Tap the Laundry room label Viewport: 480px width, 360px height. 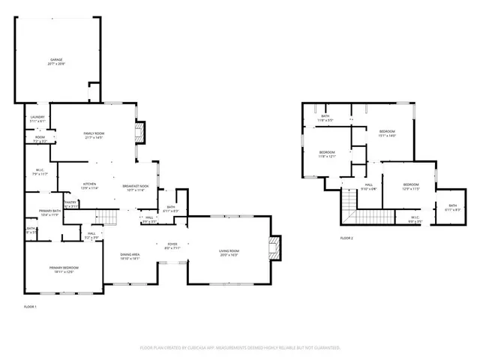point(37,118)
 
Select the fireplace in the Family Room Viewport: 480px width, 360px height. point(139,134)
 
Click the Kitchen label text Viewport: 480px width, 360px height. point(90,185)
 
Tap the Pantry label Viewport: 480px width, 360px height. point(71,204)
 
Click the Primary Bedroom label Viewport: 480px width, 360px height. point(64,269)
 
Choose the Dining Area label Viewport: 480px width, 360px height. point(130,256)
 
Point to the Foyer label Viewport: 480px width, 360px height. point(172,246)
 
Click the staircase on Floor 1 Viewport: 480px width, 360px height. point(109,217)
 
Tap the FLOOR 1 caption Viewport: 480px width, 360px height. point(30,307)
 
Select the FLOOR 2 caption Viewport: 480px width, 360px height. point(346,238)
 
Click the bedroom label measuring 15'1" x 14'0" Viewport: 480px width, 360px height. point(386,133)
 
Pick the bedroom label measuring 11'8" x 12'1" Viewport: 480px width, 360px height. point(327,154)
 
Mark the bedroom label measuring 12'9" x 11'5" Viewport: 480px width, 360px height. point(411,187)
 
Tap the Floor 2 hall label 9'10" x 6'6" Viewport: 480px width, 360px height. point(369,187)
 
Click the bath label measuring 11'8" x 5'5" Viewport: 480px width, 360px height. point(326,118)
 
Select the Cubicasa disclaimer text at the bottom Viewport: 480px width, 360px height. point(240,348)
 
